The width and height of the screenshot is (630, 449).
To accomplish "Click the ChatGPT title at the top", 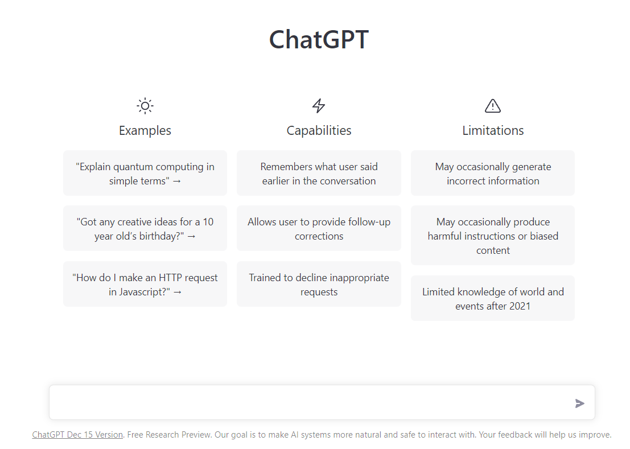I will tap(319, 40).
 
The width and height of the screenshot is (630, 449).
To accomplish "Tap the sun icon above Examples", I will tap(145, 106).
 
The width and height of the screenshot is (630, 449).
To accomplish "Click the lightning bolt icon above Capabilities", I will tap(319, 106).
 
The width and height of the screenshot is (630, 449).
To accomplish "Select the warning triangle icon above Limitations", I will tap(493, 106).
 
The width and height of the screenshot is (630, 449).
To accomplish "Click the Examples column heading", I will tap(145, 130).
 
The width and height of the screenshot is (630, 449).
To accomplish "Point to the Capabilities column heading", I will tap(319, 130).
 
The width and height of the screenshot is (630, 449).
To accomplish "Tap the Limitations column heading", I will tap(493, 130).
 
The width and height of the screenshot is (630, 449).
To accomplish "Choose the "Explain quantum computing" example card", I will tap(145, 174).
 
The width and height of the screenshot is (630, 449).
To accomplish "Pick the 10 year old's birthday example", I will tap(145, 229).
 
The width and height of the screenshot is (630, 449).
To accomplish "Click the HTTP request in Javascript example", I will tap(145, 285).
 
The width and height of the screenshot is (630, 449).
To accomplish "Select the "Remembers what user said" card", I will tap(319, 174).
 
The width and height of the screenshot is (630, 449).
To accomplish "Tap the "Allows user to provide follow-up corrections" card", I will tap(319, 229).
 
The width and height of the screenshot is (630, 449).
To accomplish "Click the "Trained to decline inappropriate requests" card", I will tap(319, 285).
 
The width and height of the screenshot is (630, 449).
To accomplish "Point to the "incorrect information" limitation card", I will tap(493, 174).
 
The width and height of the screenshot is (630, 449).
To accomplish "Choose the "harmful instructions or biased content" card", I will tap(493, 236).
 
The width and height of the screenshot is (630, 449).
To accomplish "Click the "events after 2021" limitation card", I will tap(493, 299).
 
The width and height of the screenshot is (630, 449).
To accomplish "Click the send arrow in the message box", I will tap(580, 403).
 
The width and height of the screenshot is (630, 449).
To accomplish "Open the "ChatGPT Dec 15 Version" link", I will tap(77, 435).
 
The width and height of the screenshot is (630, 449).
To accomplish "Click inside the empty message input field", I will tap(307, 403).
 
